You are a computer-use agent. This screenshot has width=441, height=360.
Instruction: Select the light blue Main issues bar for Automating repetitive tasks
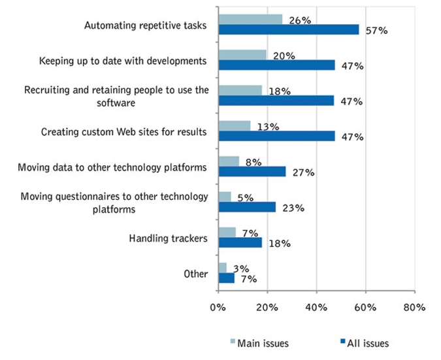tap(250, 19)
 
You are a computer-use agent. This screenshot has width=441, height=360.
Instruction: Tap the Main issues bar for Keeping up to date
tap(242, 55)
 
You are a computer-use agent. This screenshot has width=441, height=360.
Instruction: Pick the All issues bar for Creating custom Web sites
tap(276, 136)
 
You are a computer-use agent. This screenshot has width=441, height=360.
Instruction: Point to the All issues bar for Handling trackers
tap(240, 242)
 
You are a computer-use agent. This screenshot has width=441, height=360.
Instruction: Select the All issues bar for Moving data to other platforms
tap(252, 171)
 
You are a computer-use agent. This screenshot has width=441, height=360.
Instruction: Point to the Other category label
tap(196, 274)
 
